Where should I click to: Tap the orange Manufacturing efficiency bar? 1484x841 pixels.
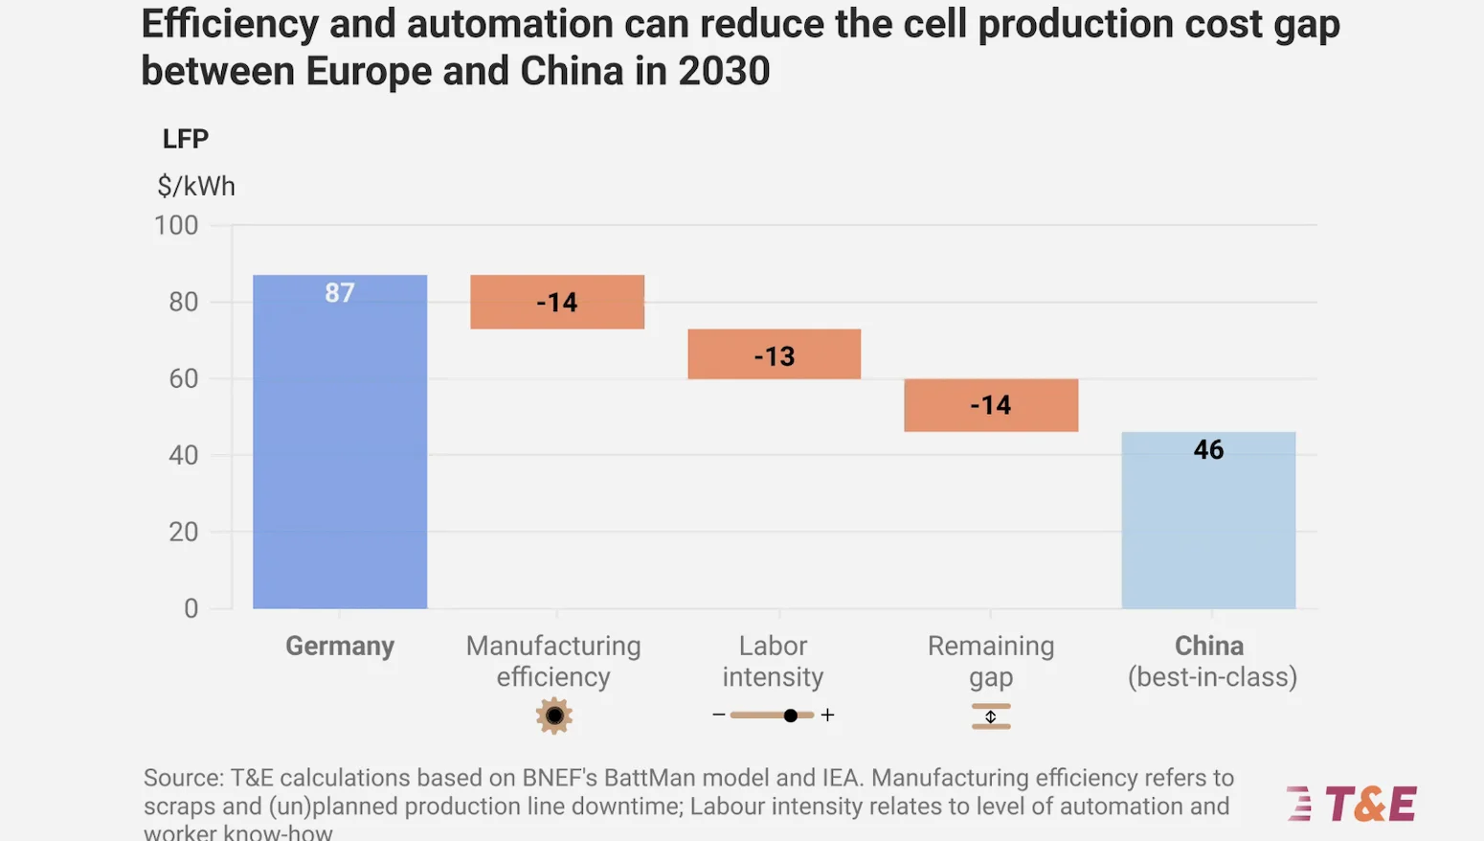[557, 303]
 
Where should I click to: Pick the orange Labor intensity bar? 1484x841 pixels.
[774, 354]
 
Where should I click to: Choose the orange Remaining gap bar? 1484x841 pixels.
[991, 405]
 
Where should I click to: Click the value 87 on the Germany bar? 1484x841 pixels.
[340, 293]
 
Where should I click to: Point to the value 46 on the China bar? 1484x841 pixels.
[1208, 450]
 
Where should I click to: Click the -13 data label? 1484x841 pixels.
[775, 356]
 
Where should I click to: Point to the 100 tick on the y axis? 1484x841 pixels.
[176, 226]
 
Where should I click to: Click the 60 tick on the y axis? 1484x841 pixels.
[183, 379]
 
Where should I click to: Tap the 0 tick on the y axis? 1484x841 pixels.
[191, 608]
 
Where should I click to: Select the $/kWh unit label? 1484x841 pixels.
[196, 186]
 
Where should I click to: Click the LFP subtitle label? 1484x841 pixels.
[186, 139]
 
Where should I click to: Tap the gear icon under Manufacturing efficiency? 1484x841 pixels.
[554, 716]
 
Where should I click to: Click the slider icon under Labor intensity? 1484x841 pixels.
[774, 716]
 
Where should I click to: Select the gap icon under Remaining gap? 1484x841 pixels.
[991, 716]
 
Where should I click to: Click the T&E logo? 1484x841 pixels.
[1352, 805]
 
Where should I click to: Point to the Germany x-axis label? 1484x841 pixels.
[340, 647]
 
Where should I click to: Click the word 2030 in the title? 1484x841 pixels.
[724, 72]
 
